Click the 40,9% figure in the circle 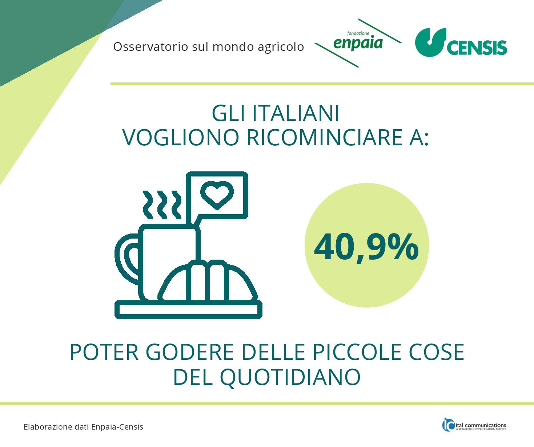coord(366,248)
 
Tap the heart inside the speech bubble coord(217,195)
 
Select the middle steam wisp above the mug coord(162,204)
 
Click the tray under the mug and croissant coord(188,310)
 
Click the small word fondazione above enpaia coord(358,33)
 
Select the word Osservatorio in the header coord(150,47)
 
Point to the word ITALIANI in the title coord(296,113)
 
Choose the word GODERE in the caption coord(190,352)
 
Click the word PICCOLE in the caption coord(357,352)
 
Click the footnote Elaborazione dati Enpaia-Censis coord(83,427)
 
